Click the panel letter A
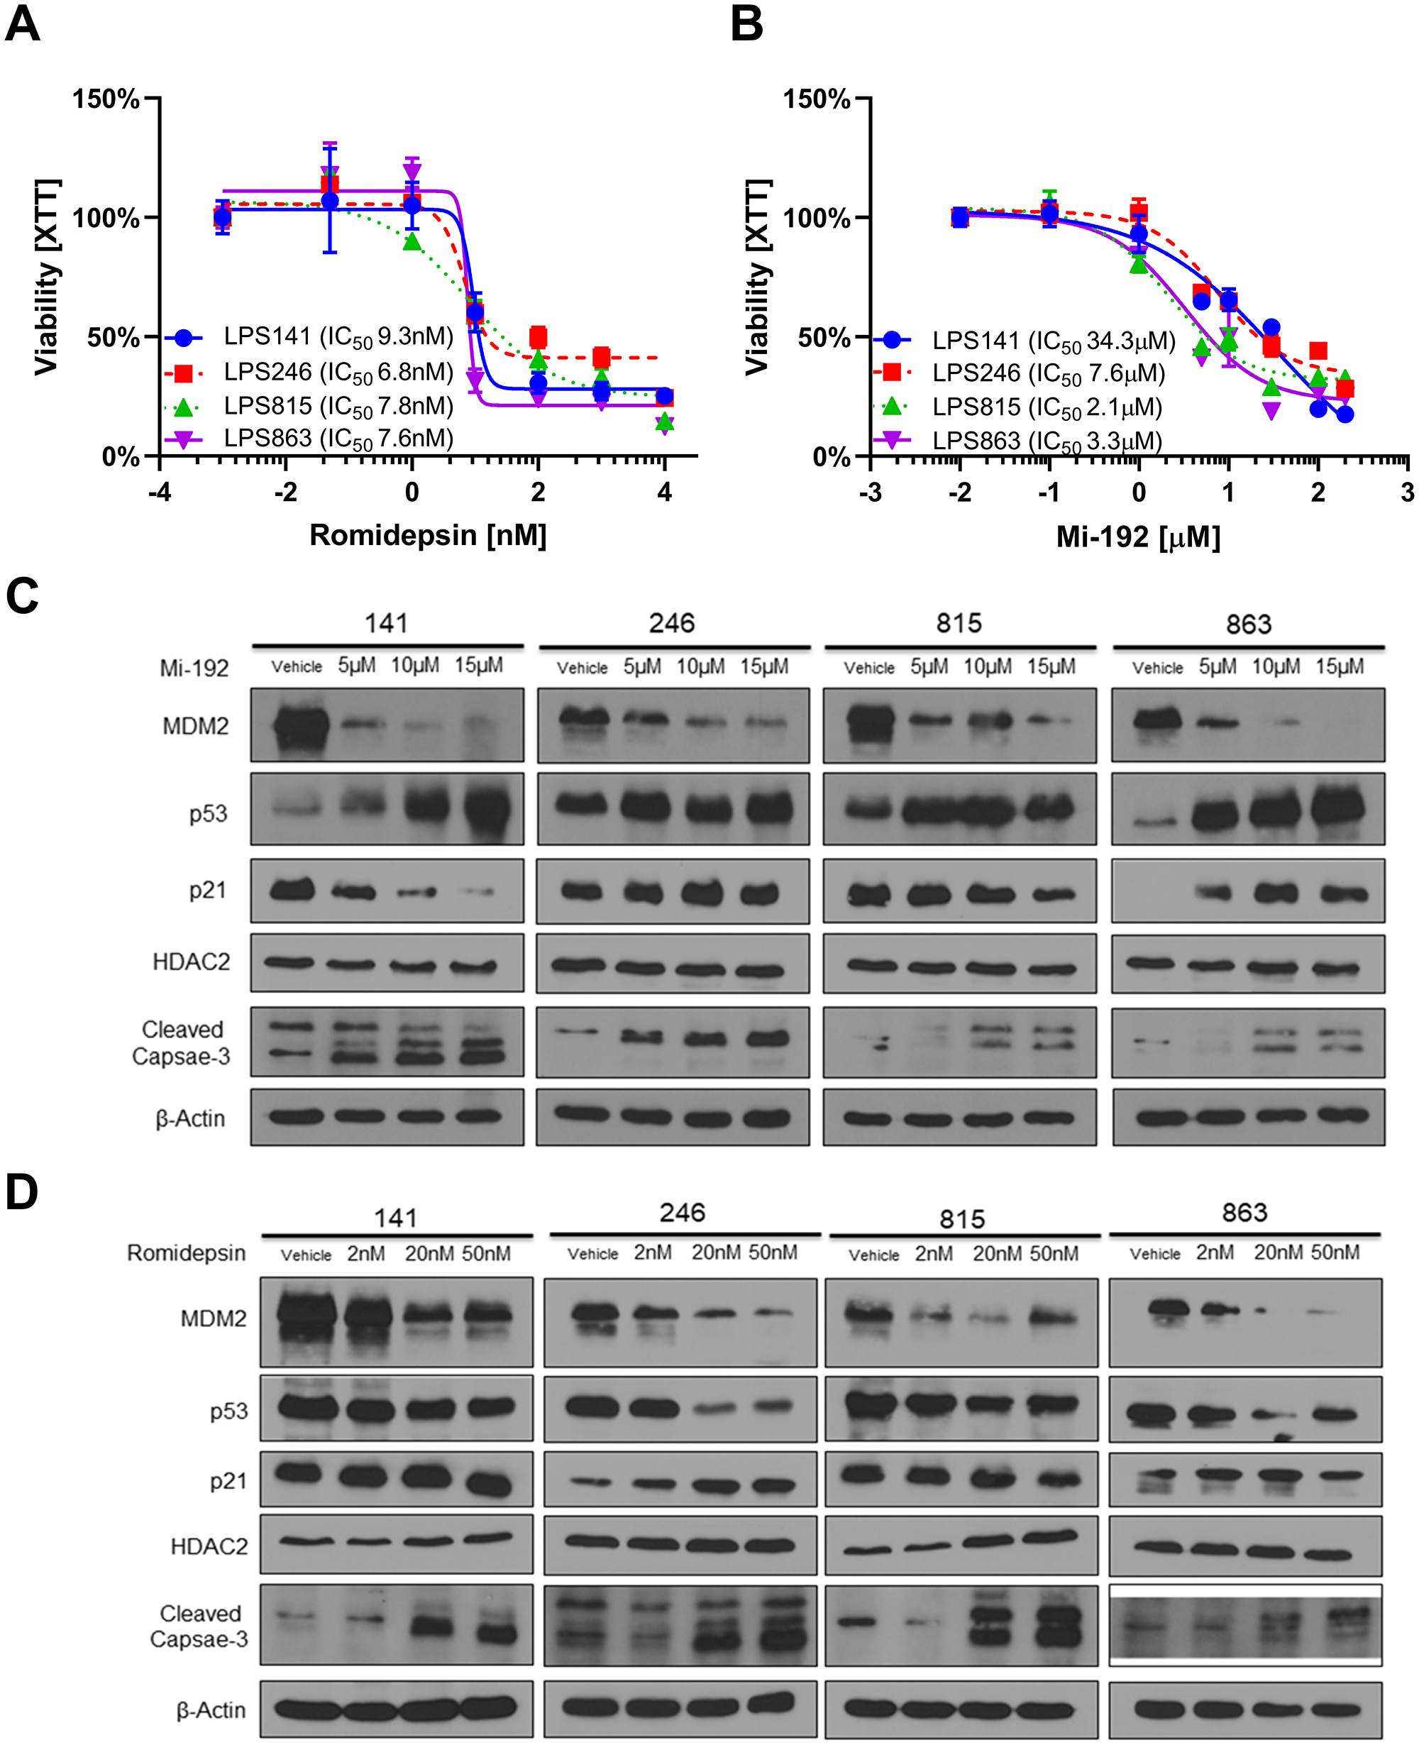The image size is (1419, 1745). (22, 25)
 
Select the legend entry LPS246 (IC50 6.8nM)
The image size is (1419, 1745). (338, 372)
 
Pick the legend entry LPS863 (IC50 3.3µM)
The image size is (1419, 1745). (1047, 441)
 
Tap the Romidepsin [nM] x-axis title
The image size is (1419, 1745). (428, 535)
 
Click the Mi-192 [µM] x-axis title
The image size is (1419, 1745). (1138, 537)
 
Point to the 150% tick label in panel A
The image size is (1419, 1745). (106, 100)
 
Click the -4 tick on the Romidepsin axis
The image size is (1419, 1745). (160, 492)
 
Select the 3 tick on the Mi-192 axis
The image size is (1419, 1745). (1407, 492)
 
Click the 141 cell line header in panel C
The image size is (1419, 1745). (386, 624)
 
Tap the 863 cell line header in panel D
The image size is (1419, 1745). (1244, 1213)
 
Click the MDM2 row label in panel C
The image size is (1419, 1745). (195, 726)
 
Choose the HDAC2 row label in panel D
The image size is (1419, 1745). (209, 1546)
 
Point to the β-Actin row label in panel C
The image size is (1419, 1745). (190, 1118)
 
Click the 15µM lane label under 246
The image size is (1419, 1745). (764, 667)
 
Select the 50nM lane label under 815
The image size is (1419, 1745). (1054, 1254)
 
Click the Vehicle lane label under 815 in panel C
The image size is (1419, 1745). (869, 668)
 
